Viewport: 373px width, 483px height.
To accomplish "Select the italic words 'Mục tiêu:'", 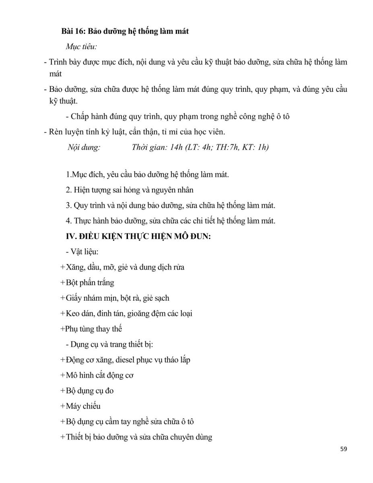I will [81, 47].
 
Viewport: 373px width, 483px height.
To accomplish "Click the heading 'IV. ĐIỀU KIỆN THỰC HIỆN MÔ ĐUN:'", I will [138, 237].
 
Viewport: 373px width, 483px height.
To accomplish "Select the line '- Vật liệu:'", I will [79, 252].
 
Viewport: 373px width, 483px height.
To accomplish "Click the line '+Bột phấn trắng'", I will [87, 283].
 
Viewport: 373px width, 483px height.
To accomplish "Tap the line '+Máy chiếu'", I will [80, 406].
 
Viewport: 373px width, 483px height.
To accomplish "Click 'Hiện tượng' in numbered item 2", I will [91, 190].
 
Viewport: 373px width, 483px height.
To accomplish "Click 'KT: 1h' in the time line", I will [256, 147].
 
